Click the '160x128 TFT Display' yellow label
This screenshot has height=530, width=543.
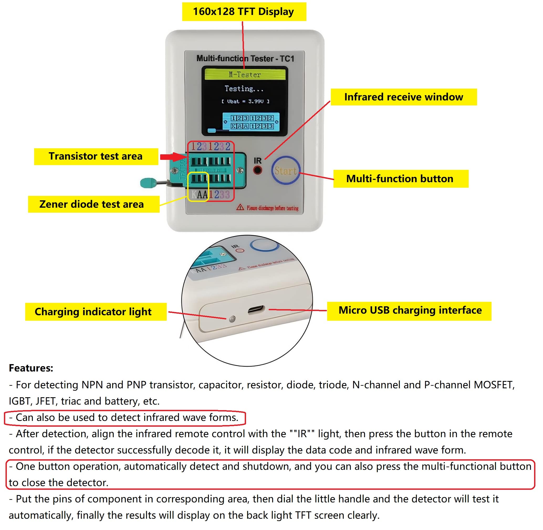244,12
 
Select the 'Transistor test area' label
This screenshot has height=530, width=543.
96,156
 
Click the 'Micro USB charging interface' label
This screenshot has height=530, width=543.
410,310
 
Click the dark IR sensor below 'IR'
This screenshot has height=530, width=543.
258,170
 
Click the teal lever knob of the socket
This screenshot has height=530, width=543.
148,183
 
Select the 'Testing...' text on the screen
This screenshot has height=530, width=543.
244,89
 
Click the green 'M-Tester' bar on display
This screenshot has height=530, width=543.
245,75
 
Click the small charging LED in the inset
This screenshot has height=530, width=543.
232,319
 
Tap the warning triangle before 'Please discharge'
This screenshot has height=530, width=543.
240,207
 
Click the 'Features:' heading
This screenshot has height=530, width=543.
31,368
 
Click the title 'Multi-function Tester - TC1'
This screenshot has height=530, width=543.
245,58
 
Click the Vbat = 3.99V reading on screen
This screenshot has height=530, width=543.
245,101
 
